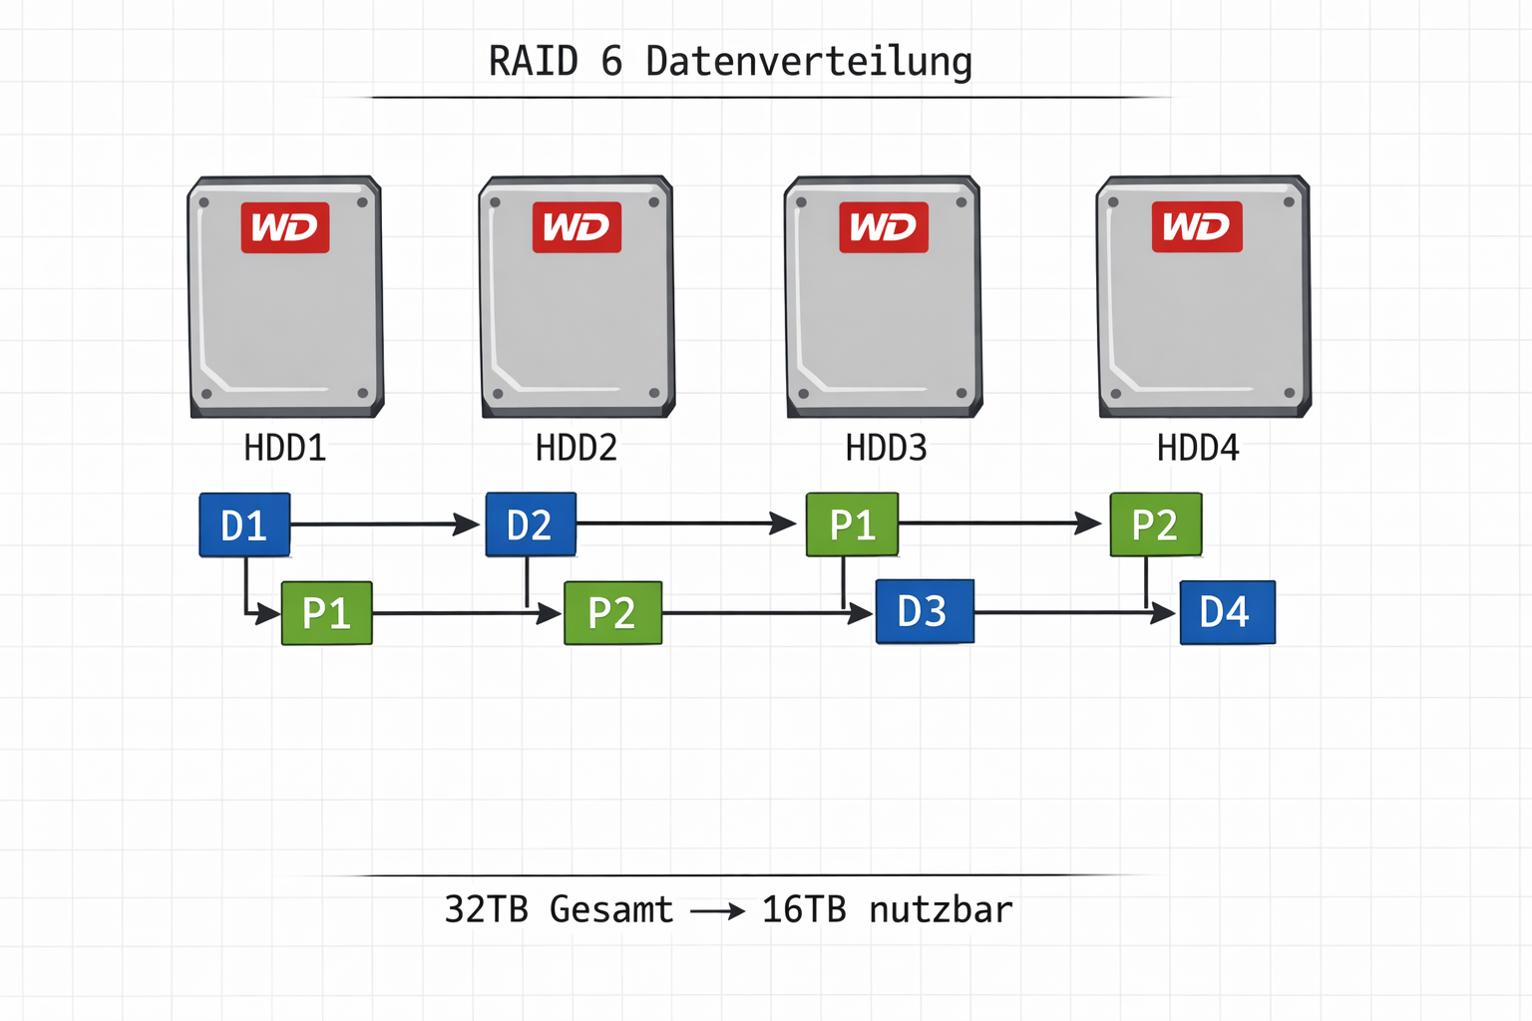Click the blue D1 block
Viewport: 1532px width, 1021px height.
[244, 524]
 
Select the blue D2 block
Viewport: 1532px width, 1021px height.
[531, 524]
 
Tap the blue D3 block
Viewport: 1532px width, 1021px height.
[925, 611]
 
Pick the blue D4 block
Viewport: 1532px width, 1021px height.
[1227, 612]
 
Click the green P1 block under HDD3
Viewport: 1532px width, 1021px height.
[852, 524]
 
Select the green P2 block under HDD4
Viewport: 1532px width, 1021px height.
[1155, 524]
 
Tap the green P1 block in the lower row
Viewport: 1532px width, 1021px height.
[327, 613]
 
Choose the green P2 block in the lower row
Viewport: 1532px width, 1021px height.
[612, 613]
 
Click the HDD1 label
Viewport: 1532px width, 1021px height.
[285, 448]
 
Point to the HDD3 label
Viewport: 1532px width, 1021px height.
[886, 448]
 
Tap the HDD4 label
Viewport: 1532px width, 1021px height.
[1198, 448]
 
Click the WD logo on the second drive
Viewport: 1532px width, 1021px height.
[576, 227]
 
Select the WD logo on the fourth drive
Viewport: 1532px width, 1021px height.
[1197, 226]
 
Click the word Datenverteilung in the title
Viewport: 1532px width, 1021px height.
[809, 62]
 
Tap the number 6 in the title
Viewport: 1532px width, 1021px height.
[611, 62]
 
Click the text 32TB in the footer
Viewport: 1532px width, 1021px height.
[486, 909]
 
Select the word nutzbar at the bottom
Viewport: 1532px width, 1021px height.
[941, 909]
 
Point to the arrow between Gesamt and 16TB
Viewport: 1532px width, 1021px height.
[718, 911]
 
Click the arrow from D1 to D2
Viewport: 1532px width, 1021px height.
[384, 523]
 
